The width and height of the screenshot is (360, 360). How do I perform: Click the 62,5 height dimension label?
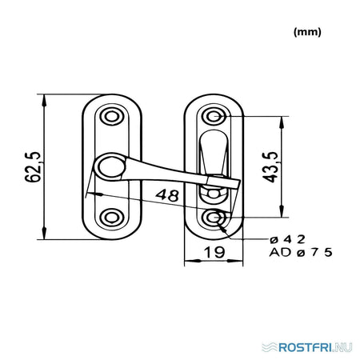(33, 167)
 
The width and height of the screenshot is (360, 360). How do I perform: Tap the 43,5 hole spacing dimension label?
(270, 167)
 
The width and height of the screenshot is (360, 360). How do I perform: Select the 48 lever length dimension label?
(167, 195)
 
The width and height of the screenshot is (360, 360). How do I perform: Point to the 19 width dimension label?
(214, 252)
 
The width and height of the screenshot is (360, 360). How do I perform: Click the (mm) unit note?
(307, 32)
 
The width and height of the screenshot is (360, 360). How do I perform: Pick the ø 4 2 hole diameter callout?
(287, 239)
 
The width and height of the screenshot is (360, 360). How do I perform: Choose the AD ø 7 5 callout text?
(301, 252)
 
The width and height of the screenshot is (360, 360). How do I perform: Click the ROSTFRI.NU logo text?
(315, 347)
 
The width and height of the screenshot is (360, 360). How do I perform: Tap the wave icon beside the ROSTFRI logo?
(270, 347)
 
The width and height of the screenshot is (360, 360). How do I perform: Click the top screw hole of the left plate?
(112, 117)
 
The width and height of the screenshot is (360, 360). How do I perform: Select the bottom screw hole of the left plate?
(112, 218)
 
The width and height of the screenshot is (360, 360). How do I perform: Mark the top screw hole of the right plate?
(214, 117)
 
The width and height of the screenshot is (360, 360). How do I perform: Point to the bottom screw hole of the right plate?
(214, 218)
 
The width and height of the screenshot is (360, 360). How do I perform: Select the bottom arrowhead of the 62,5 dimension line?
(44, 234)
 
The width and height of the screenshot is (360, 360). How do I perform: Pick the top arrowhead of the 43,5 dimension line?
(282, 122)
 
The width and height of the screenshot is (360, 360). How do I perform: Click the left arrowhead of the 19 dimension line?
(191, 261)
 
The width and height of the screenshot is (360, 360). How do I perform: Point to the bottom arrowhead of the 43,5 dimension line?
(282, 211)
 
